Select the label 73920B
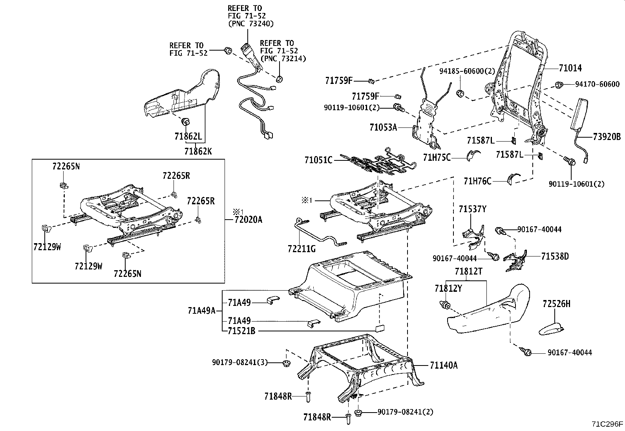pos(607,137)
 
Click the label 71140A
pos(443,366)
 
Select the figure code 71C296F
pos(607,424)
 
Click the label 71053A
pos(383,127)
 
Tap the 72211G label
pos(302,249)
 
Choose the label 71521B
pos(241,331)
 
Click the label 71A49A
pos(201,311)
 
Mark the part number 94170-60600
pos(597,84)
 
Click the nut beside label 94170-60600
pos(559,84)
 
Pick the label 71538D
pos(555,256)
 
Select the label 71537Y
pos(472,209)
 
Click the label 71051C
pos(318,160)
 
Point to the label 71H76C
pos(477,181)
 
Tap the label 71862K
pos(198,151)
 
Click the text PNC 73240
pos(251,24)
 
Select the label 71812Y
pos(448,289)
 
